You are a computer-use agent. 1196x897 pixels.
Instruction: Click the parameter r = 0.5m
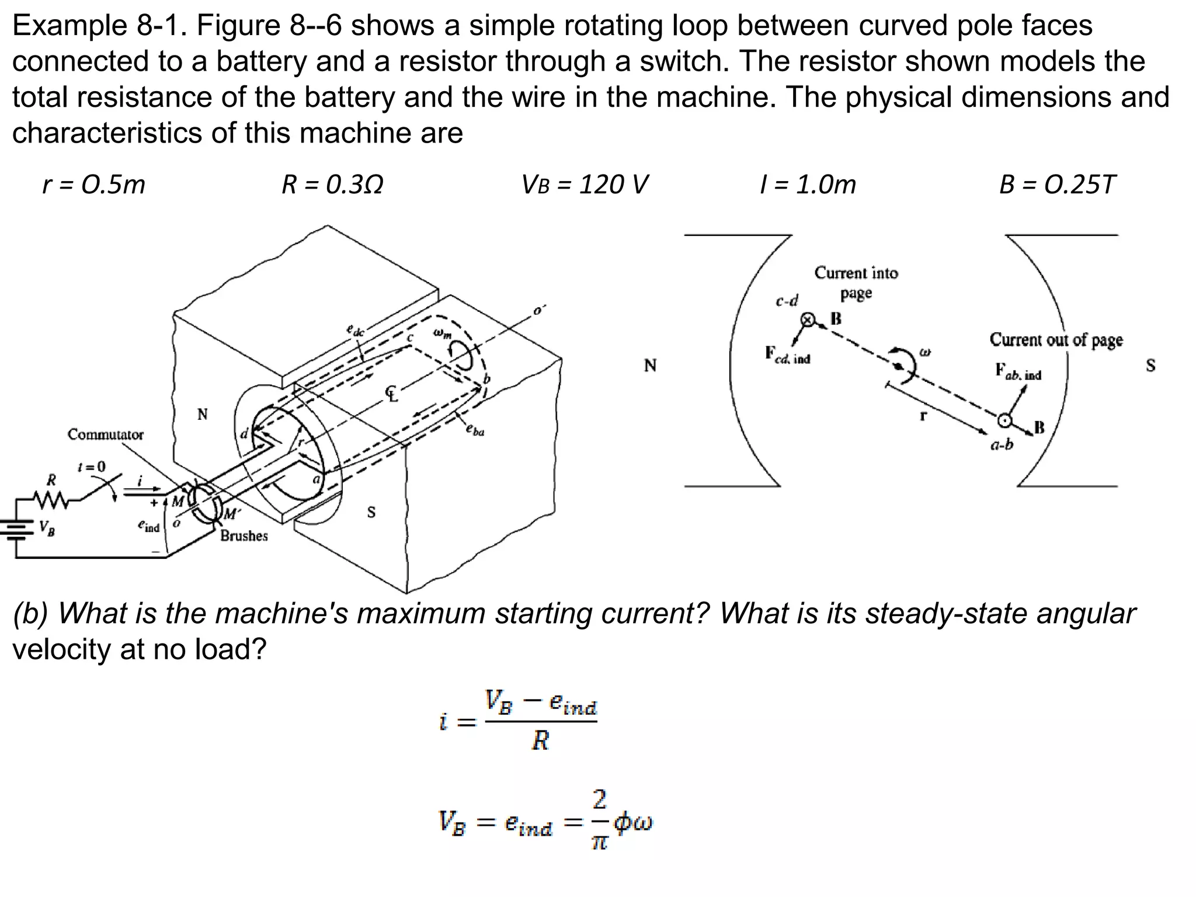[x=93, y=185]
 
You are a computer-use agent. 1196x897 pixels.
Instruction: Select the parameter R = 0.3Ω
[x=332, y=185]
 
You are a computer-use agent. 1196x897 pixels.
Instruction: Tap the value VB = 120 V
[x=584, y=185]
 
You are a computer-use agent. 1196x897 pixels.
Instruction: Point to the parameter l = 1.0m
[x=808, y=185]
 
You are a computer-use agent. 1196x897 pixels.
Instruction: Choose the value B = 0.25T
[x=1057, y=185]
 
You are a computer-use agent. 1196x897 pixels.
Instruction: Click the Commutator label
[x=105, y=434]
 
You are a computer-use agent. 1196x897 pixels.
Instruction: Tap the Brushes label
[x=244, y=536]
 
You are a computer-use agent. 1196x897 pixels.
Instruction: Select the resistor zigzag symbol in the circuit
[x=51, y=500]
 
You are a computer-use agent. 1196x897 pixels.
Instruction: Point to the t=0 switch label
[x=92, y=467]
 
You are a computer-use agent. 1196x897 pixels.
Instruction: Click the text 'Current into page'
[x=856, y=283]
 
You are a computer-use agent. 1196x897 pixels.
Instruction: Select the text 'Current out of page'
[x=1056, y=340]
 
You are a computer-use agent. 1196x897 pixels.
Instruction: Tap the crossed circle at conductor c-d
[x=808, y=319]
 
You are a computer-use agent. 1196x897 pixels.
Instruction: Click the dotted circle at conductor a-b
[x=1004, y=420]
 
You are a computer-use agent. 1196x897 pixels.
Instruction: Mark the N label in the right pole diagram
[x=650, y=366]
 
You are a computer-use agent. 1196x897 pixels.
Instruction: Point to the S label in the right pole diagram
[x=1150, y=366]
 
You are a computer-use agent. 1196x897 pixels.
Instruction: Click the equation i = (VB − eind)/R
[x=518, y=721]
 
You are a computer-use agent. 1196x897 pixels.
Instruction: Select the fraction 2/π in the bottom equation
[x=600, y=820]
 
